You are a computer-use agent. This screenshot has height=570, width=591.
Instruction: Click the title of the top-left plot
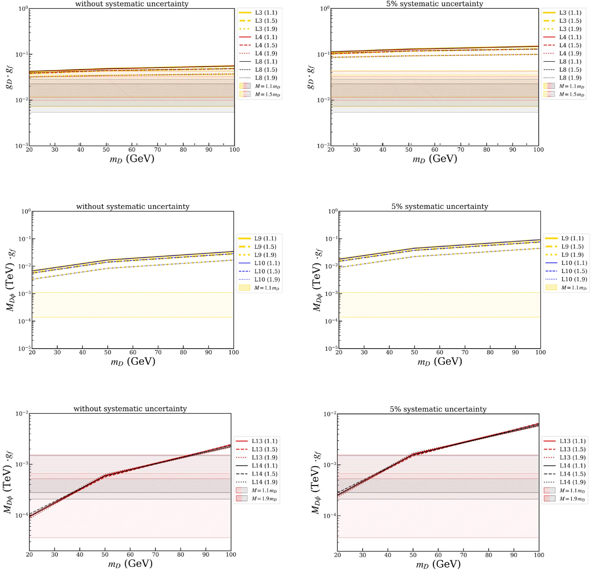click(132, 4)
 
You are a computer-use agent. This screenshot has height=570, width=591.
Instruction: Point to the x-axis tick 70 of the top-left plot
click(157, 150)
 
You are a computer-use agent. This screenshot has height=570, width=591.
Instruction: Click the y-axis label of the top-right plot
click(311, 77)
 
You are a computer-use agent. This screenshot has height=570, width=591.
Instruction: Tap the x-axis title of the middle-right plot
click(440, 361)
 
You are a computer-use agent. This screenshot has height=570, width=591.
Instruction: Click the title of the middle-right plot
click(440, 207)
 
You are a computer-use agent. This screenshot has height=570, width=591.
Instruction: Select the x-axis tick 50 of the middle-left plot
click(108, 352)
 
